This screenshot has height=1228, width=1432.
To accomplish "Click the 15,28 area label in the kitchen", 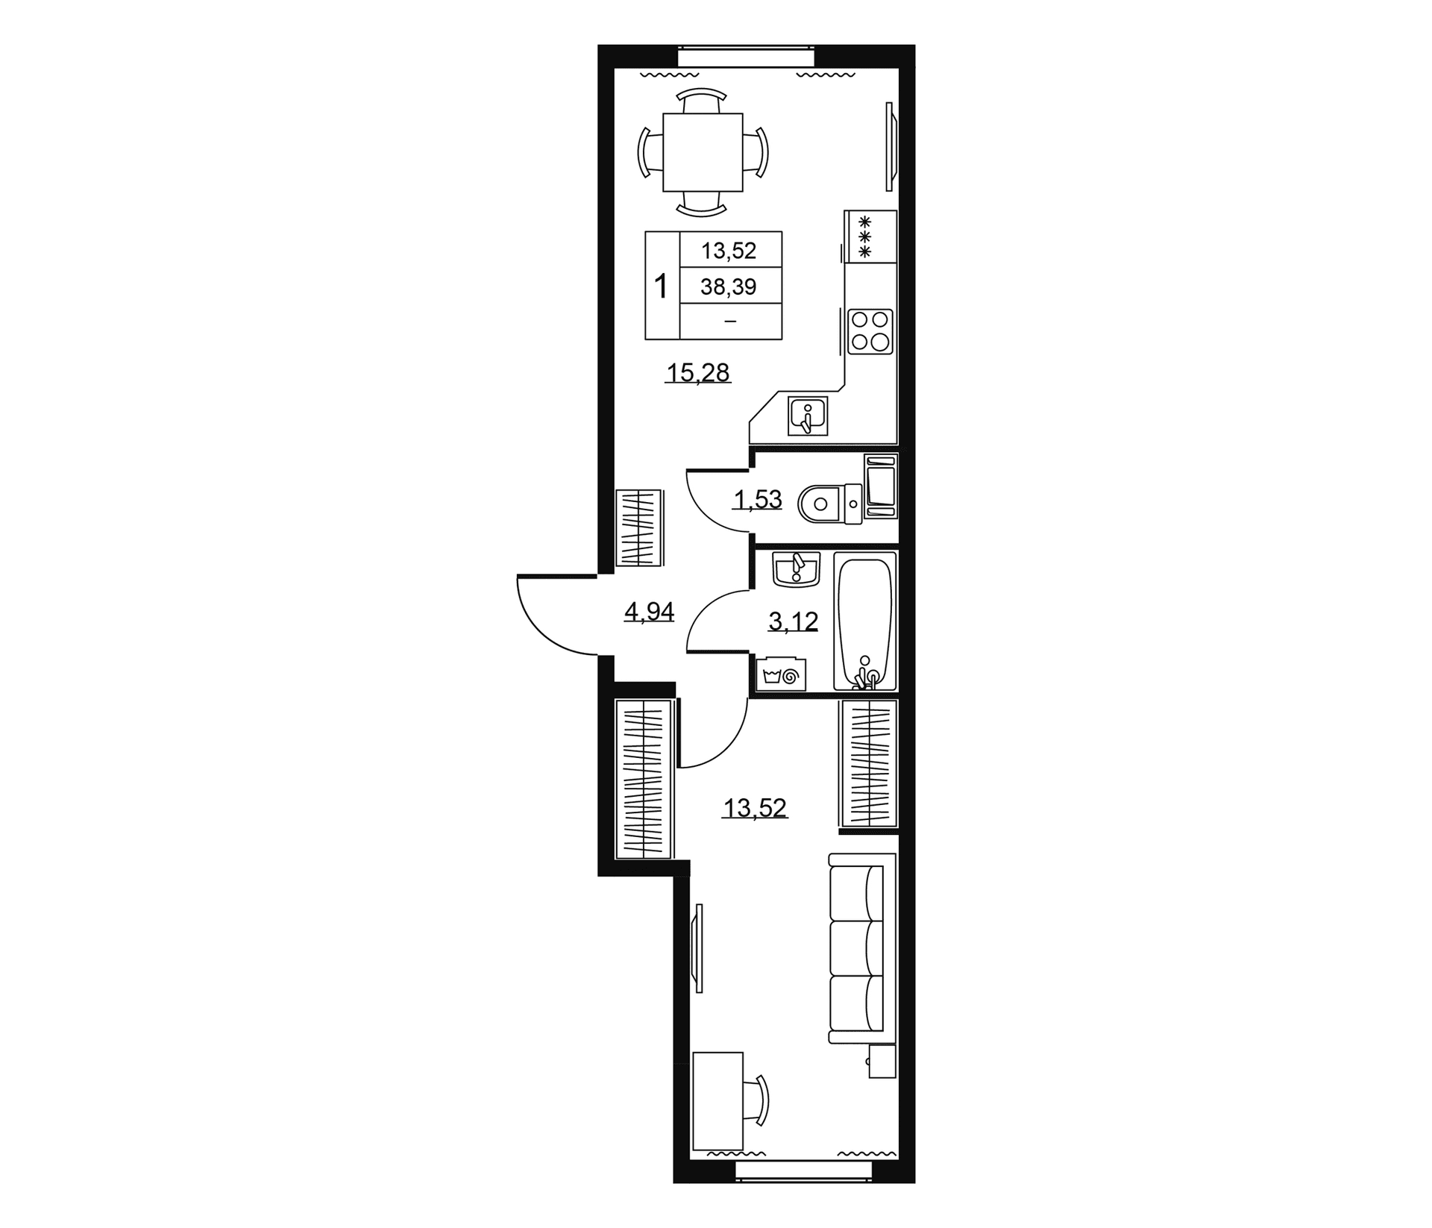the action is point(698,372).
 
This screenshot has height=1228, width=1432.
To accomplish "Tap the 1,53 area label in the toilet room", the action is point(758,499).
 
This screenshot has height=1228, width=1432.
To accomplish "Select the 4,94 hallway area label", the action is point(649,612).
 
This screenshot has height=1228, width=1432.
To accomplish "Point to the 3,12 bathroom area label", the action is point(794,620).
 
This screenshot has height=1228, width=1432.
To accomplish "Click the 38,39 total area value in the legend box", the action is point(729,287).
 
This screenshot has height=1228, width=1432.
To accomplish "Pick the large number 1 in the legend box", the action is point(661,286).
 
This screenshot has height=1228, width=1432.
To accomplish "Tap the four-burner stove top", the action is point(870,331).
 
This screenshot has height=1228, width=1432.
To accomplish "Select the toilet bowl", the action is point(830,504).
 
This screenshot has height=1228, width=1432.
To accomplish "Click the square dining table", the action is point(703,153).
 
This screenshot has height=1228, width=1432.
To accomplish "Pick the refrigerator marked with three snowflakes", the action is point(870,236).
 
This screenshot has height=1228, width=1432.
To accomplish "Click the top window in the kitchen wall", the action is point(746,57).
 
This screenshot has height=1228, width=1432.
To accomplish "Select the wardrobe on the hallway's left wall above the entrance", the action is point(639,527).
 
